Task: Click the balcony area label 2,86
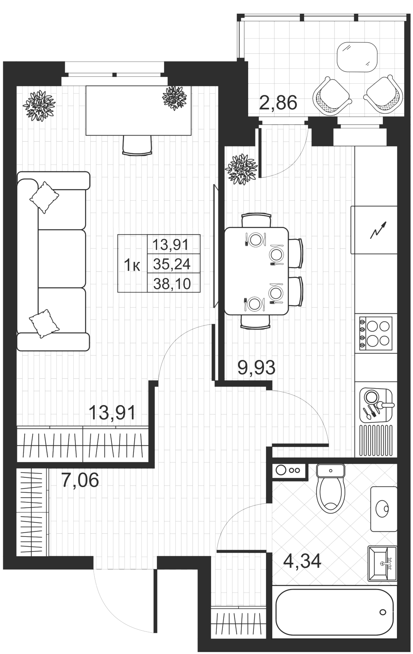(x=278, y=103)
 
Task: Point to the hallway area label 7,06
(x=80, y=480)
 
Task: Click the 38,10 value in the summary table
(x=172, y=284)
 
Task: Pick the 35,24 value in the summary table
(x=172, y=264)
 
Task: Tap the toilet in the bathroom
(x=331, y=487)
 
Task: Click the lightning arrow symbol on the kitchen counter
(x=379, y=230)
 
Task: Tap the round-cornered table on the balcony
(x=357, y=57)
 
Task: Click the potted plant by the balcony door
(x=242, y=169)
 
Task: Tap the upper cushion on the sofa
(x=44, y=197)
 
